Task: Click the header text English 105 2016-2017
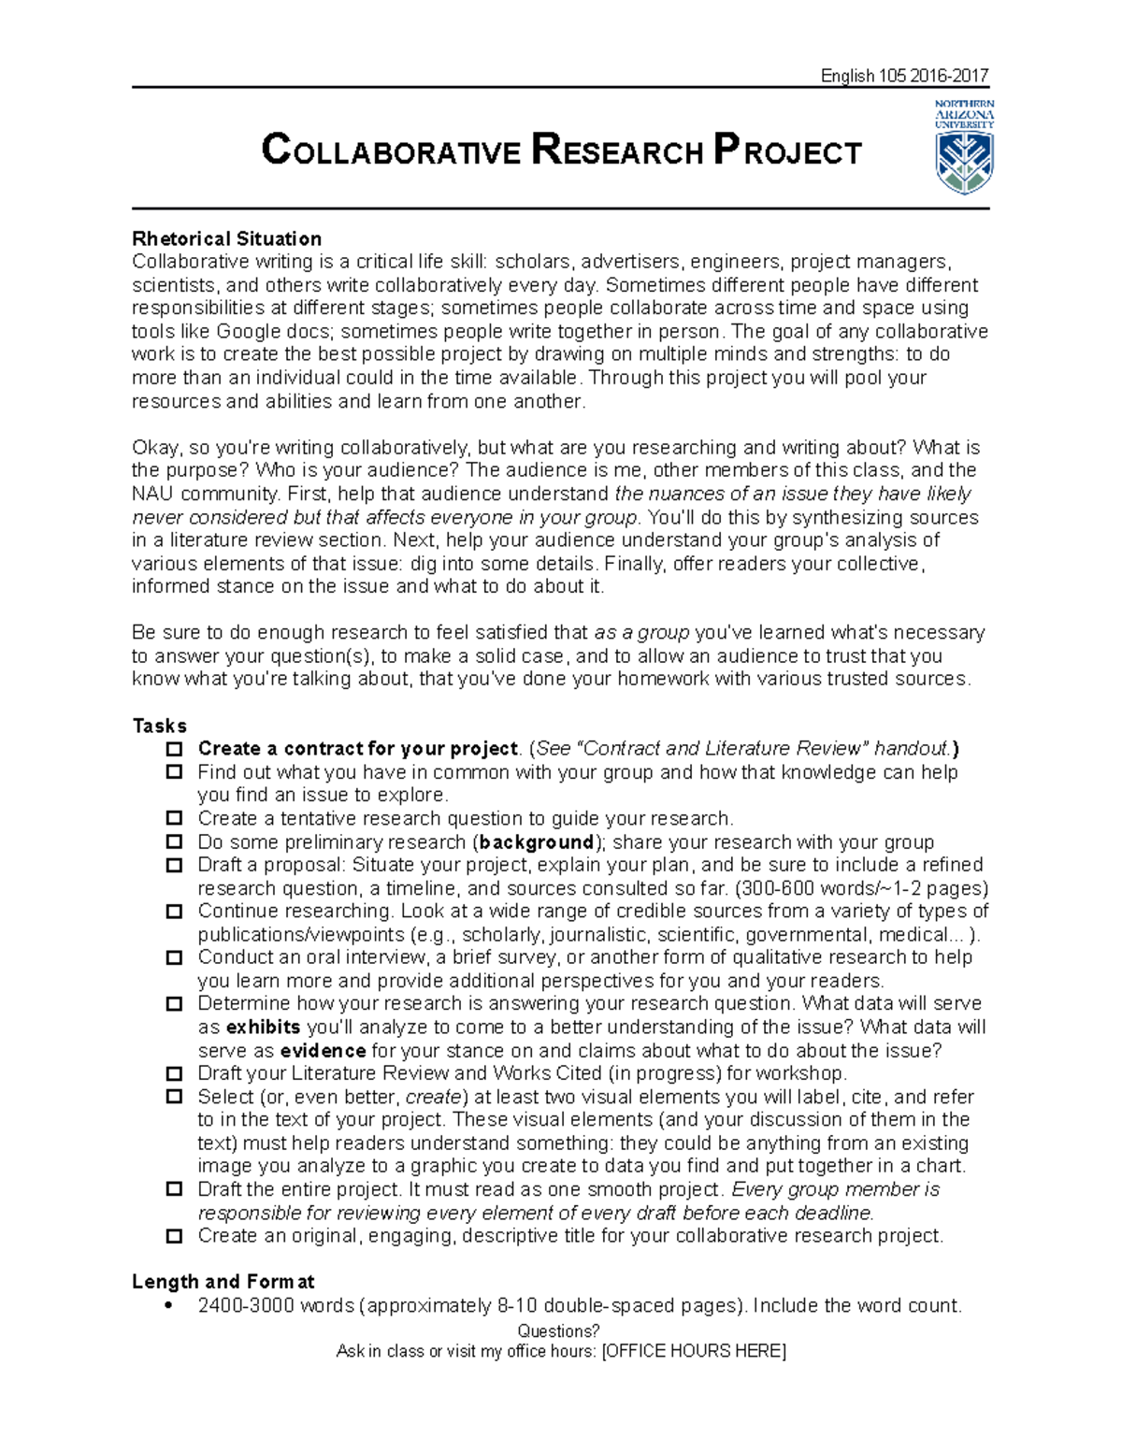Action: (x=903, y=76)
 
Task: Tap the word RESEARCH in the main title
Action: (x=617, y=151)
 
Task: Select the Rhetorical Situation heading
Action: (x=226, y=238)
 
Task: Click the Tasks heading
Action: (x=159, y=726)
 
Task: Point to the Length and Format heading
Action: (x=223, y=1281)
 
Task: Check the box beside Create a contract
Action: (x=174, y=749)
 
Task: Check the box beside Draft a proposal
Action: (x=174, y=865)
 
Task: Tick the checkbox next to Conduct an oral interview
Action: (x=174, y=957)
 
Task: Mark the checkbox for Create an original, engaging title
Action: (x=174, y=1236)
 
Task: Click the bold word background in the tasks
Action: (x=537, y=841)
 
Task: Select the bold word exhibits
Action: (x=263, y=1027)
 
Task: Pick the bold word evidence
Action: (x=323, y=1050)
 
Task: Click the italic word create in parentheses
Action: (x=433, y=1097)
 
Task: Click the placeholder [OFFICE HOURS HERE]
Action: (x=694, y=1351)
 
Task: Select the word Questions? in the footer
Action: (x=558, y=1330)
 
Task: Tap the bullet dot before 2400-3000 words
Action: (x=168, y=1306)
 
